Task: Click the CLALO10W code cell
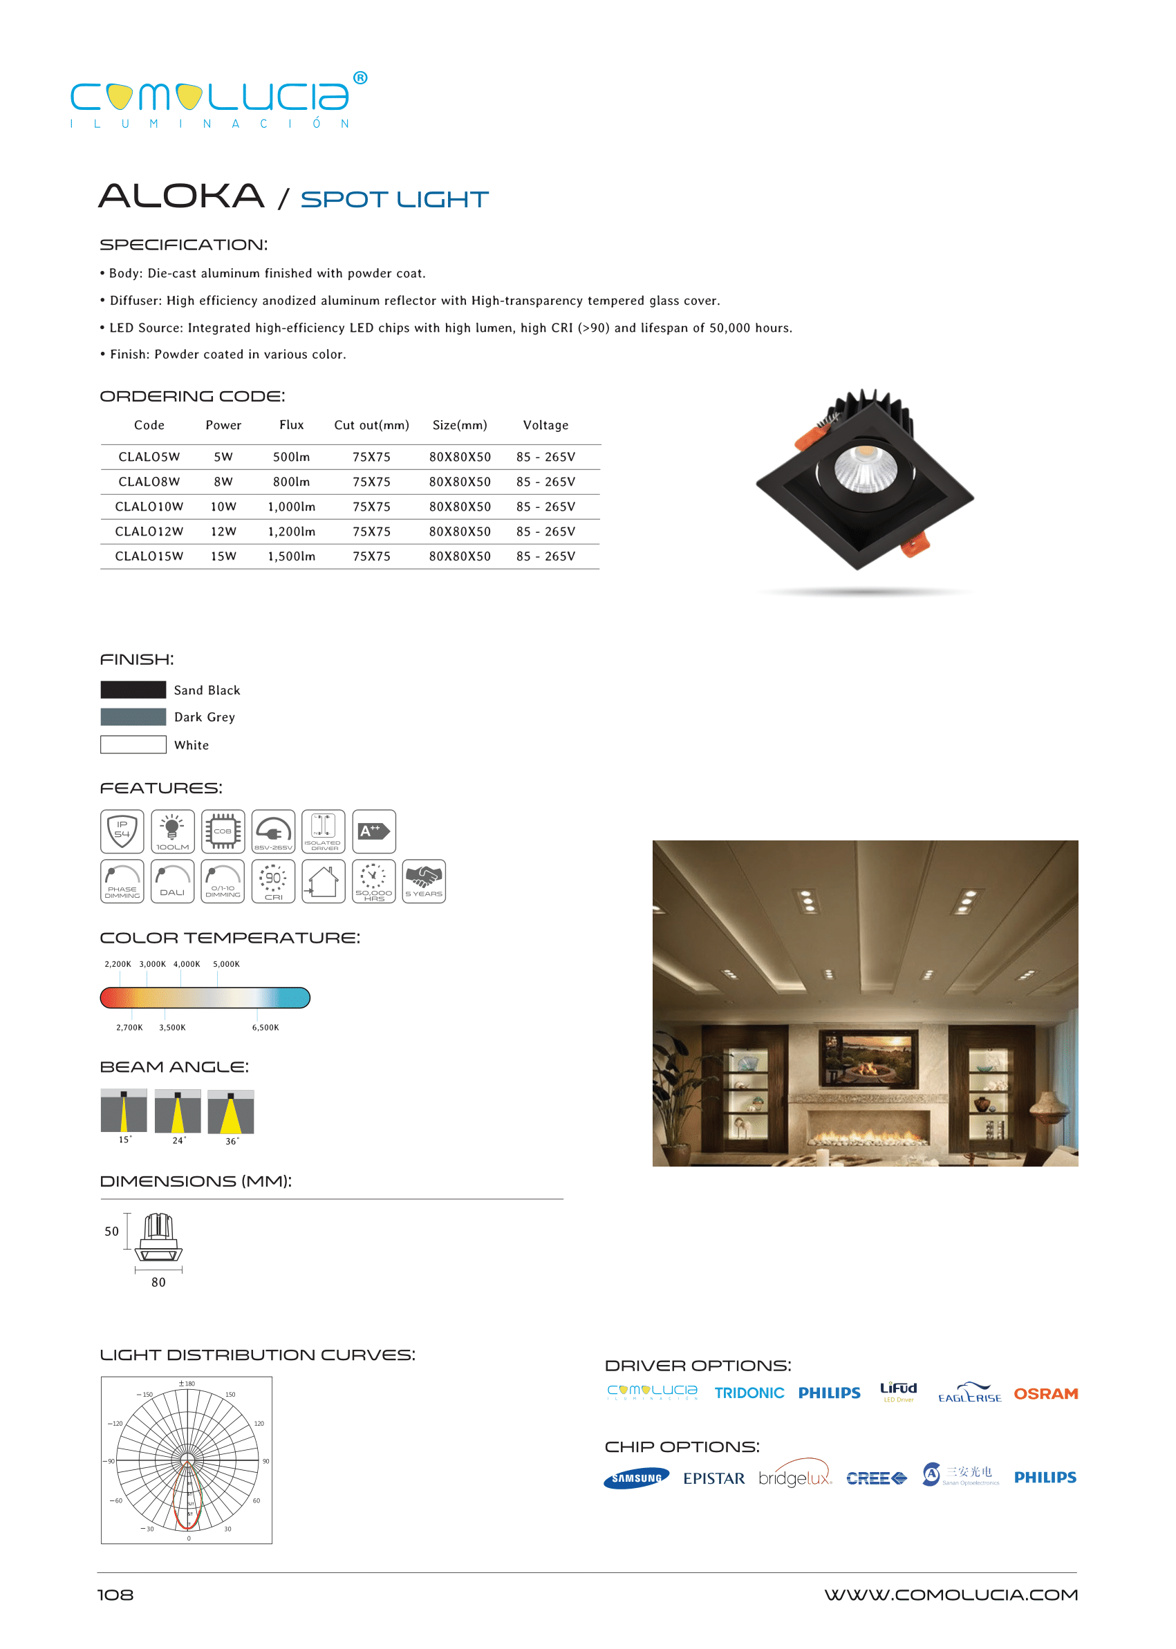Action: coord(149,507)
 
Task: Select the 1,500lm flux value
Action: coord(291,556)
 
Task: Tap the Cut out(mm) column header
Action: coord(371,425)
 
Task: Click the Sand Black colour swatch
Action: coord(133,689)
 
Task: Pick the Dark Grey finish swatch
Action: coord(133,717)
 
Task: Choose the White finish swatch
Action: coord(133,744)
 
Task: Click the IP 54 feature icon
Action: coord(122,831)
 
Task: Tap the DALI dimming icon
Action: coord(172,881)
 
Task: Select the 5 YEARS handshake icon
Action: coord(424,881)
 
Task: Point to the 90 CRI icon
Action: coord(273,881)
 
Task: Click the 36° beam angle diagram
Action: coord(231,1112)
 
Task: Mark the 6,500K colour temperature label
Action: coord(265,1027)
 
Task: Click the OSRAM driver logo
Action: coord(1045,1393)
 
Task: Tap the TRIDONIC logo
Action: coord(749,1393)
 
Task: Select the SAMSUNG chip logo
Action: coord(637,1478)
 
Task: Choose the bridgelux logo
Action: coord(794,1478)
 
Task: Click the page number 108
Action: coord(115,1594)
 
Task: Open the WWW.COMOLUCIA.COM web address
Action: coord(950,1594)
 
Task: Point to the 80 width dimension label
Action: coord(158,1282)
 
